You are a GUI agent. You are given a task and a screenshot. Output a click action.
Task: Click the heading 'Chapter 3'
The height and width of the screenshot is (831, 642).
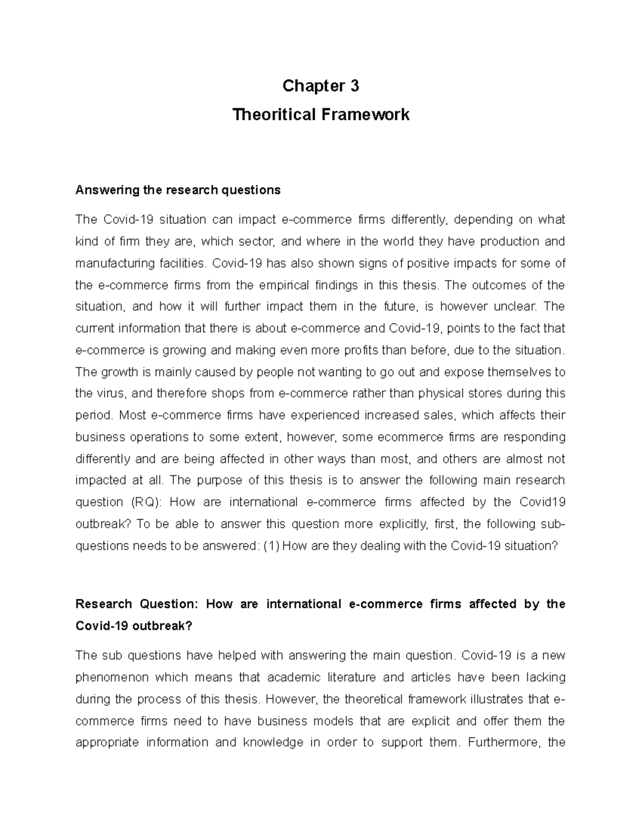(320, 86)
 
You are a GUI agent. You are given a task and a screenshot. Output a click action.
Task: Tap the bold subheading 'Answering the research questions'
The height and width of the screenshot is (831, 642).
(178, 190)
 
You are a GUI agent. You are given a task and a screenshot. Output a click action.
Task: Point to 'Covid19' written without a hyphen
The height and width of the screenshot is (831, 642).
(542, 502)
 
